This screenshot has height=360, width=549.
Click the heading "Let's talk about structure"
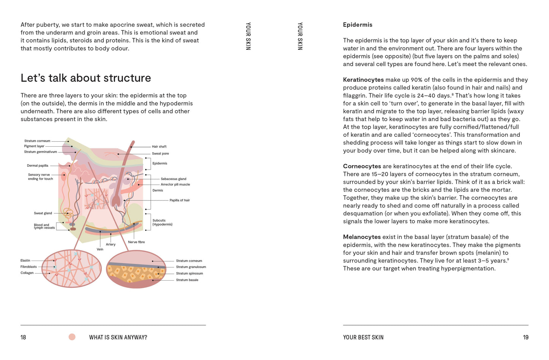[85, 78]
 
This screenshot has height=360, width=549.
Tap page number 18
[23, 337]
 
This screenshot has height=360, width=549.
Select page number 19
[525, 337]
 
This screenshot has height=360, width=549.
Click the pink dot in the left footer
[72, 337]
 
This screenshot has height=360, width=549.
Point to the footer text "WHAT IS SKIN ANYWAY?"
[118, 337]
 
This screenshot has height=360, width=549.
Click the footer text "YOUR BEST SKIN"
[363, 337]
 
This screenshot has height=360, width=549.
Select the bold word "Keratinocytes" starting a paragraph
[363, 80]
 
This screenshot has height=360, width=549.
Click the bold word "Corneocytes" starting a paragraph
[362, 166]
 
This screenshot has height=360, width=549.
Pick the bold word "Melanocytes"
[362, 237]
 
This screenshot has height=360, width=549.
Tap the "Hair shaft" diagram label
[159, 147]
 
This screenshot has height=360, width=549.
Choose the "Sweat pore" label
[160, 154]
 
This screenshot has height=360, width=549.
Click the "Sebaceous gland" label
[173, 179]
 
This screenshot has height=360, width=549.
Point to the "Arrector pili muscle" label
[175, 185]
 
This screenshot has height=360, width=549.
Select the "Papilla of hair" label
[179, 200]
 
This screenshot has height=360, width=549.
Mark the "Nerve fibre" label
[136, 242]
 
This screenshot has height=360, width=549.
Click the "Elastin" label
[25, 261]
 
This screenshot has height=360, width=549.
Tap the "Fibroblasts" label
[28, 267]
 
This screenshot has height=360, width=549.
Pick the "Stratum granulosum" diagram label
[191, 267]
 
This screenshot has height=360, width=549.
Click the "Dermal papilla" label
[38, 166]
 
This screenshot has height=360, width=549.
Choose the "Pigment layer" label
[34, 146]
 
